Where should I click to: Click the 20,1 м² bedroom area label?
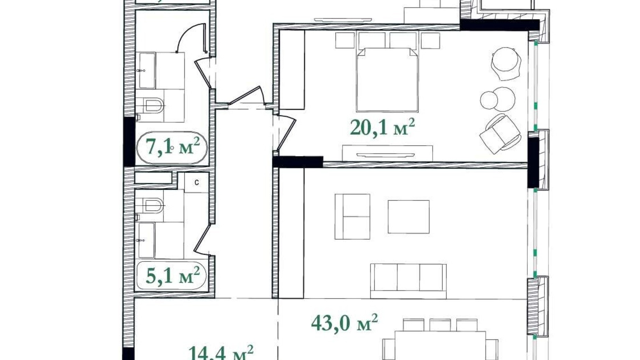[x=382, y=127]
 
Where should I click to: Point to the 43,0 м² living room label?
[x=344, y=323]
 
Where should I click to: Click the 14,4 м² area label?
[x=221, y=353]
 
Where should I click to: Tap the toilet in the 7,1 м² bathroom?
[x=153, y=105]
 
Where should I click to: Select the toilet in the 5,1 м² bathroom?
[x=153, y=205]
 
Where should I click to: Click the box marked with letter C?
[x=196, y=182]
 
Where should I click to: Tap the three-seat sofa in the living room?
[x=408, y=280]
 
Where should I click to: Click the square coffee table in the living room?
[x=408, y=217]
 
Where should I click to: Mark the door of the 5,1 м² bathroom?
[x=202, y=239]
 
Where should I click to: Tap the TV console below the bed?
[x=387, y=153]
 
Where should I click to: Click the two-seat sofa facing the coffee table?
[x=352, y=217]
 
